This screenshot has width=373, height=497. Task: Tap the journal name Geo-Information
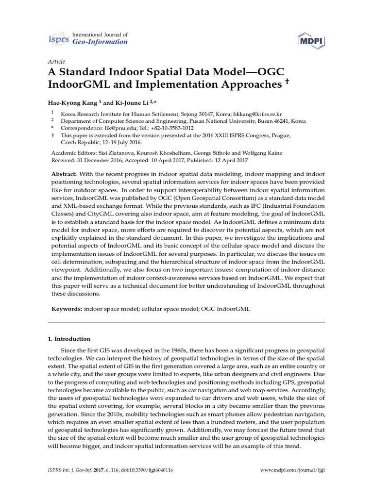pyautogui.click(x=100, y=42)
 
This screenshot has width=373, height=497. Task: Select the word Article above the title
pyautogui.click(x=56, y=62)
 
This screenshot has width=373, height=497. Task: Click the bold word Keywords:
pyautogui.click(x=67, y=309)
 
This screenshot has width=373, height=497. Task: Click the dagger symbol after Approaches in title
pyautogui.click(x=287, y=82)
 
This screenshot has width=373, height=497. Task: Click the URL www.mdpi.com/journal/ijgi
pyautogui.click(x=293, y=470)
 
